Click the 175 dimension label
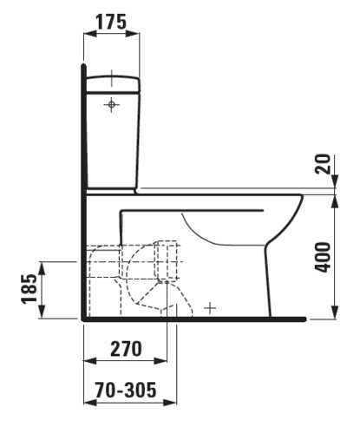pyautogui.click(x=111, y=22)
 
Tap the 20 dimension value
pyautogui.click(x=322, y=164)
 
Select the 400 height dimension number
pyautogui.click(x=322, y=257)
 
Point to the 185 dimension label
pyautogui.click(x=29, y=288)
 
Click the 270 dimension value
pyautogui.click(x=126, y=349)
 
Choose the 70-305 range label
pyautogui.click(x=126, y=390)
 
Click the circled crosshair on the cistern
pyautogui.click(x=111, y=104)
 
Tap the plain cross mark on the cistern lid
pyautogui.click(x=112, y=78)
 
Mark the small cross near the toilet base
pyautogui.click(x=210, y=308)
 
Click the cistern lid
pyautogui.click(x=114, y=84)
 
